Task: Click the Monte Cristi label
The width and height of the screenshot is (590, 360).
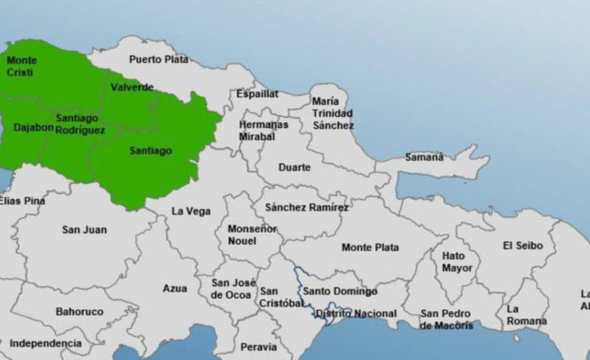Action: click(x=21, y=66)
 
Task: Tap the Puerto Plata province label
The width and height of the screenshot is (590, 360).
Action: click(x=159, y=59)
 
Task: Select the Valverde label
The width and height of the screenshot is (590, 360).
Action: click(x=132, y=87)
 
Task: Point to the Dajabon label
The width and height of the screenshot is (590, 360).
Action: click(x=34, y=127)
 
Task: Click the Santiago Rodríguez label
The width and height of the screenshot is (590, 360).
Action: click(x=78, y=124)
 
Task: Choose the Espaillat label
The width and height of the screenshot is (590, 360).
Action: click(x=257, y=93)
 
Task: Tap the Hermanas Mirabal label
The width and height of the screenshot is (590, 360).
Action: click(x=263, y=130)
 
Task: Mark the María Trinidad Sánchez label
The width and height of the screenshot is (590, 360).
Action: click(x=333, y=113)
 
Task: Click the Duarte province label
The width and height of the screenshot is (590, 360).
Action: click(x=295, y=167)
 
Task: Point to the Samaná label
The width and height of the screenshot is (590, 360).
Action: click(x=424, y=157)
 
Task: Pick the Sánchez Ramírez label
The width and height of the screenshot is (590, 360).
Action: click(x=306, y=208)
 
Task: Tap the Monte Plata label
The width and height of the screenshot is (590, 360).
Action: click(x=370, y=247)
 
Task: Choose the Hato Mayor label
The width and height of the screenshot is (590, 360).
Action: click(x=457, y=262)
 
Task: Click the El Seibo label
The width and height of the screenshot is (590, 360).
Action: click(x=523, y=246)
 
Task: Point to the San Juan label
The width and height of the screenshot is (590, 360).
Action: click(x=84, y=230)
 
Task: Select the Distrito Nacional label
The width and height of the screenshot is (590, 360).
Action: click(x=356, y=313)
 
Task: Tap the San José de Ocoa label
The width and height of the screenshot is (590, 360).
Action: click(x=234, y=289)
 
